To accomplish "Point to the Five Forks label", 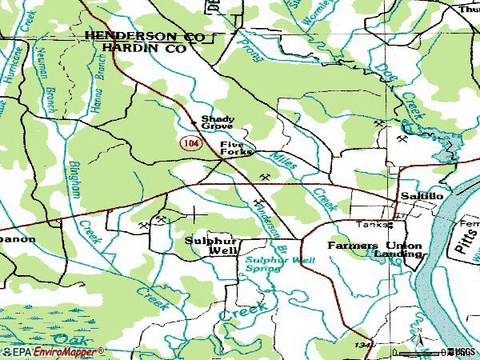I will pyautogui.click(x=236, y=148).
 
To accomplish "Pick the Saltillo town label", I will pyautogui.click(x=421, y=197).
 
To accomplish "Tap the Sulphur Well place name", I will pyautogui.click(x=212, y=245).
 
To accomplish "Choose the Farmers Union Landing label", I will pyautogui.click(x=374, y=249).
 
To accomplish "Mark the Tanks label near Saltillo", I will pyautogui.click(x=367, y=225).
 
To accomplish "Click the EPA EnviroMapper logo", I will pyautogui.click(x=53, y=351).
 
